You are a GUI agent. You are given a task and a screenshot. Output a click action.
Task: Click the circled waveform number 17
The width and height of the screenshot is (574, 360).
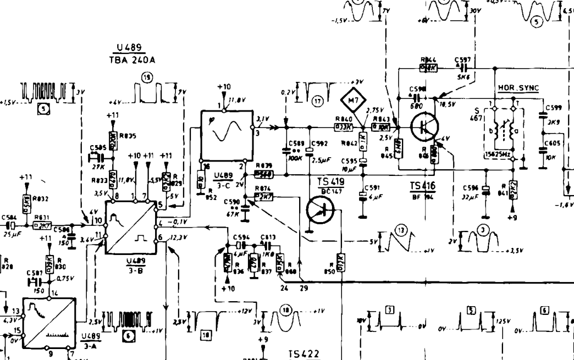click(x=316, y=101)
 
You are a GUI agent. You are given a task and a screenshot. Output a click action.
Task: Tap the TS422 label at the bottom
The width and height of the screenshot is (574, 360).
click(x=303, y=354)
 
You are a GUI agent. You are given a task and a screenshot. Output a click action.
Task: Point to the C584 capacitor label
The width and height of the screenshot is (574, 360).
click(x=9, y=218)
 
